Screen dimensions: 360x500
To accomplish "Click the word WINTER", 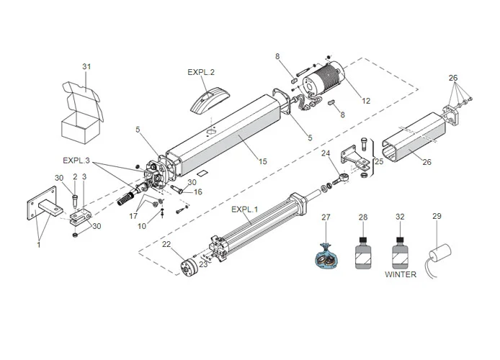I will pyautogui.click(x=401, y=274).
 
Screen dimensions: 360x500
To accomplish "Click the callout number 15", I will pyautogui.click(x=262, y=162).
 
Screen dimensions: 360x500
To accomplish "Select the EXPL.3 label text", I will pyautogui.click(x=76, y=160).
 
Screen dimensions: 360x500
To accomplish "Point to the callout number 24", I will pyautogui.click(x=326, y=153).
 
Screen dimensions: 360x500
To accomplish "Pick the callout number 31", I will pyautogui.click(x=86, y=67).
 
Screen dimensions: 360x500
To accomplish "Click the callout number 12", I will pyautogui.click(x=366, y=101).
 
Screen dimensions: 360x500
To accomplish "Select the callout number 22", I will pyautogui.click(x=166, y=245).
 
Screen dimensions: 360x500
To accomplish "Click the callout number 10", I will pyautogui.click(x=143, y=226).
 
